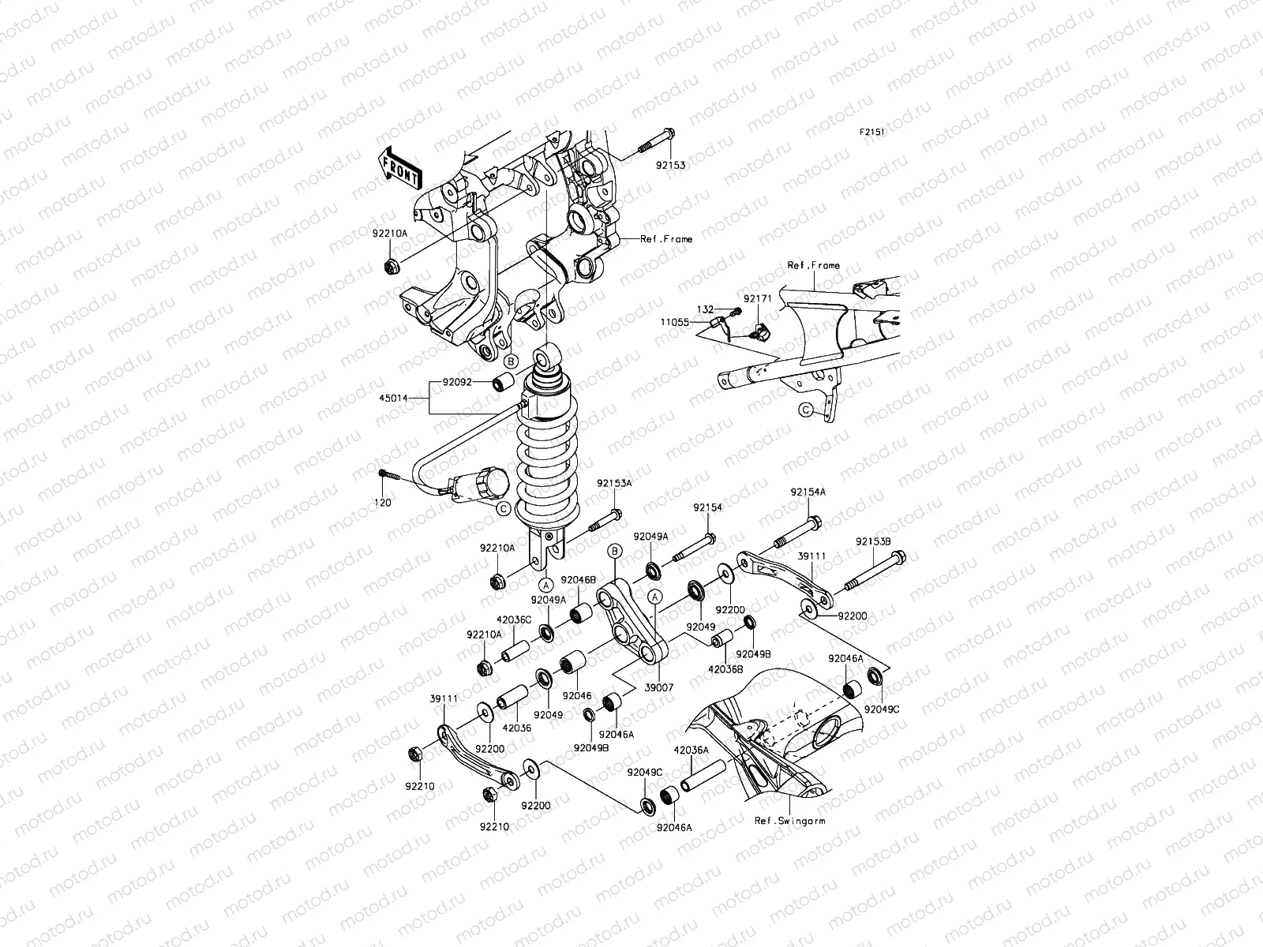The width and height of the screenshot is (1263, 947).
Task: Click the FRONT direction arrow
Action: click(401, 169)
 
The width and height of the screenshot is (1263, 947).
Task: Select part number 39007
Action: click(658, 687)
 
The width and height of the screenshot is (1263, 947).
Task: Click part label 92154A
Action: click(807, 492)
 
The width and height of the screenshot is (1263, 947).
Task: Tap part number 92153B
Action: click(873, 542)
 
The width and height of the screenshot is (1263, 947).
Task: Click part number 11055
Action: click(676, 323)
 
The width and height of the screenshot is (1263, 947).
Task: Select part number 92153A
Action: click(613, 483)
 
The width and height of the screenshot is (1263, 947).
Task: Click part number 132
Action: click(704, 309)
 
